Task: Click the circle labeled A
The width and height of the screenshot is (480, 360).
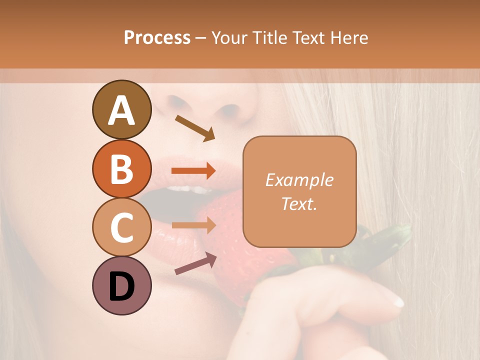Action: pyautogui.click(x=121, y=109)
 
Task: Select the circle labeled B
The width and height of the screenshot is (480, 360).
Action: pyautogui.click(x=121, y=168)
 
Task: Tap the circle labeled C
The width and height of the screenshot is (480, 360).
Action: pyautogui.click(x=121, y=227)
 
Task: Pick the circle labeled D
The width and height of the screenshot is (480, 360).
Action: pyautogui.click(x=121, y=286)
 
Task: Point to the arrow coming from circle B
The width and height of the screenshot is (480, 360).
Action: pyautogui.click(x=193, y=171)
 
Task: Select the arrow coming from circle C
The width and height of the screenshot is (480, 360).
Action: pyautogui.click(x=193, y=225)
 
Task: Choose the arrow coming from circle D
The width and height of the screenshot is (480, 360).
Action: pyautogui.click(x=195, y=263)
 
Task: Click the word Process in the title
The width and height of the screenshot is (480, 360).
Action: pyautogui.click(x=157, y=37)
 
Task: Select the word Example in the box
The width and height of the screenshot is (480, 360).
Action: pyautogui.click(x=299, y=180)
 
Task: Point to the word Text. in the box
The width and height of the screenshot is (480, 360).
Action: pyautogui.click(x=299, y=203)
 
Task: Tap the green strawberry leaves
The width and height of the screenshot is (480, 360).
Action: pyautogui.click(x=395, y=235)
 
